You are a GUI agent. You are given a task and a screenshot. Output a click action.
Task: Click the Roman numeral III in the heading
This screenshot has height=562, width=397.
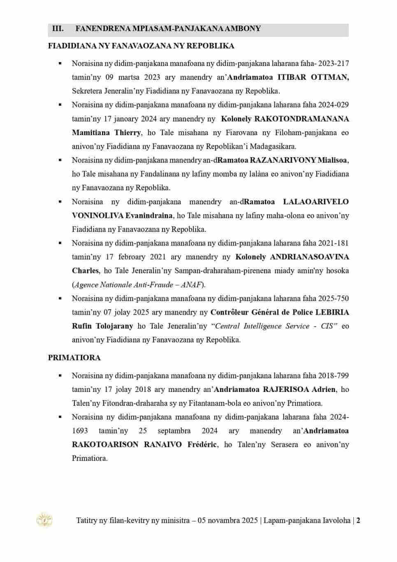58,29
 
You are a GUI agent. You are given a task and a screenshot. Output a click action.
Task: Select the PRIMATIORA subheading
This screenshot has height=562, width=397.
74,358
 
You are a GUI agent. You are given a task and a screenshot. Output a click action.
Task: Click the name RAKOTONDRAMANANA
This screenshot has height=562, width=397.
302,119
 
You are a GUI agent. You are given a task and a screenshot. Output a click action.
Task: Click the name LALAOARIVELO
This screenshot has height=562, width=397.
316,202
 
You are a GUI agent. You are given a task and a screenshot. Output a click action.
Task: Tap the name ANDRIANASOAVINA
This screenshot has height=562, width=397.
309,257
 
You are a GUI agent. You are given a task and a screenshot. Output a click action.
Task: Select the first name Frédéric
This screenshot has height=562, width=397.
202,445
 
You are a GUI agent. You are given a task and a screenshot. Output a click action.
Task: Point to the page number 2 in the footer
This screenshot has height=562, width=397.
358,520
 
